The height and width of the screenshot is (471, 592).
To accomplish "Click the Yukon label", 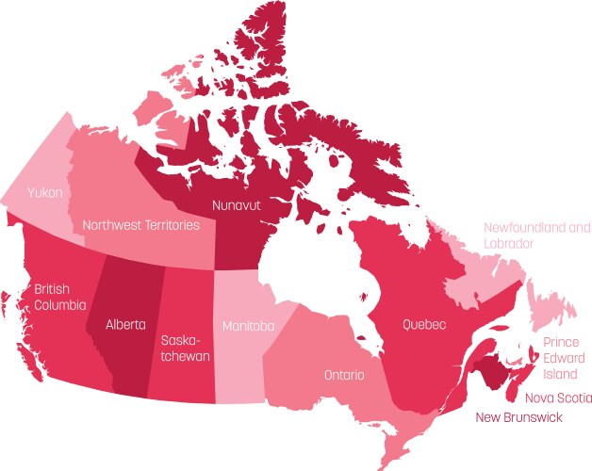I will coord(45,192).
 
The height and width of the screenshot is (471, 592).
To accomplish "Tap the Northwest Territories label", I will coord(140,225).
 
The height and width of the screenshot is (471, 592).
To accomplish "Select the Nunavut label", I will coord(237,203).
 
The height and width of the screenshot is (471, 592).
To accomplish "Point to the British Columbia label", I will coord(60,296).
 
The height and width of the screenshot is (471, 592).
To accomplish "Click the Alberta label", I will coord(125,325).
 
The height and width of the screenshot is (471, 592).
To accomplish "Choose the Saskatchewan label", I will coord(185,348).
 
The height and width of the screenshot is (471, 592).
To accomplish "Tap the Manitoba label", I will coord(248,326).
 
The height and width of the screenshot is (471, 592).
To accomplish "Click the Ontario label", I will coord(344,375).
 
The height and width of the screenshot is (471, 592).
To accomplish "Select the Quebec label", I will coord(424,324).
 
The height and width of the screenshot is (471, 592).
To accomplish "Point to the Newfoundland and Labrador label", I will coord(536,235).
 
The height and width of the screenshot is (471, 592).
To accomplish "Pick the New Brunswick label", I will coord(518,416).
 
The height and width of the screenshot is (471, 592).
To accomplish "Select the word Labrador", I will coord(509,243).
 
